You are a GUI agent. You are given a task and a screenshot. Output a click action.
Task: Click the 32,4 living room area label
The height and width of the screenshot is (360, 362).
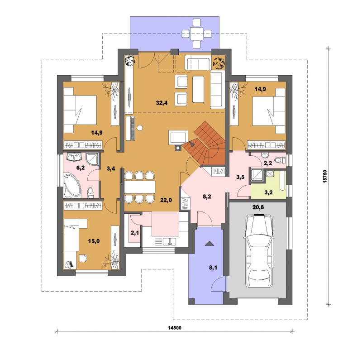pyautogui.click(x=162, y=103)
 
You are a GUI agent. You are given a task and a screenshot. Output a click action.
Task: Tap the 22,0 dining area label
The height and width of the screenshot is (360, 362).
pyautogui.click(x=166, y=200)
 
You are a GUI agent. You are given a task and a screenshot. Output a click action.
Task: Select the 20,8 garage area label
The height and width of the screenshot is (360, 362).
pyautogui.click(x=258, y=207)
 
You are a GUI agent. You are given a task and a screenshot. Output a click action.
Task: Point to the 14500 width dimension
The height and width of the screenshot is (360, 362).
pyautogui.click(x=175, y=328)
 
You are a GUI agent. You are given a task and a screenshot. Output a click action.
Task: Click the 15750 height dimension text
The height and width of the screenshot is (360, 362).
pyautogui.click(x=325, y=177)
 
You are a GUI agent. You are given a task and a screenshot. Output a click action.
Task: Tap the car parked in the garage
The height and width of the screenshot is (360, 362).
pyautogui.click(x=258, y=250)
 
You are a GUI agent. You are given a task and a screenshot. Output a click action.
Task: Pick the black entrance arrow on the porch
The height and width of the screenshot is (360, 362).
pyautogui.click(x=209, y=243)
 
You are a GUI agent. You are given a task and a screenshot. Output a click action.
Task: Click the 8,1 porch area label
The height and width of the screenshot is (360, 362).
pyautogui.click(x=213, y=268)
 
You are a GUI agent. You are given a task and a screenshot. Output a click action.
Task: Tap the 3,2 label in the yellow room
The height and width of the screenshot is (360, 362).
pyautogui.click(x=268, y=192)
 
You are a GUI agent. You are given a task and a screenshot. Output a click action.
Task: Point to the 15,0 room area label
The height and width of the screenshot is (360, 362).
pyautogui.click(x=94, y=241)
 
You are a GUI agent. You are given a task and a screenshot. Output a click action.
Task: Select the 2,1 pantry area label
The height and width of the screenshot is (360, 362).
pyautogui.click(x=134, y=233)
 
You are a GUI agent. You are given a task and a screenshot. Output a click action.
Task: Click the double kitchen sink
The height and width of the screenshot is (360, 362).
pyautogui.click(x=169, y=242)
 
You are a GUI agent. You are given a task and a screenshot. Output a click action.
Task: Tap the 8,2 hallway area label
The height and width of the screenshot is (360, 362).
pyautogui.click(x=207, y=197)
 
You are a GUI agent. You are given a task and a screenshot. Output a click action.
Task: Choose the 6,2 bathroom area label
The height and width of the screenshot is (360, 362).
pyautogui.click(x=81, y=168)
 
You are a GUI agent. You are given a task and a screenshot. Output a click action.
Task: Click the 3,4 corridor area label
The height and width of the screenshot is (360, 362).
pyautogui.click(x=111, y=168)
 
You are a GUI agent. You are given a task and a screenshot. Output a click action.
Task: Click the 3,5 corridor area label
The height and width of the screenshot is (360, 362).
pyautogui.click(x=240, y=177)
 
